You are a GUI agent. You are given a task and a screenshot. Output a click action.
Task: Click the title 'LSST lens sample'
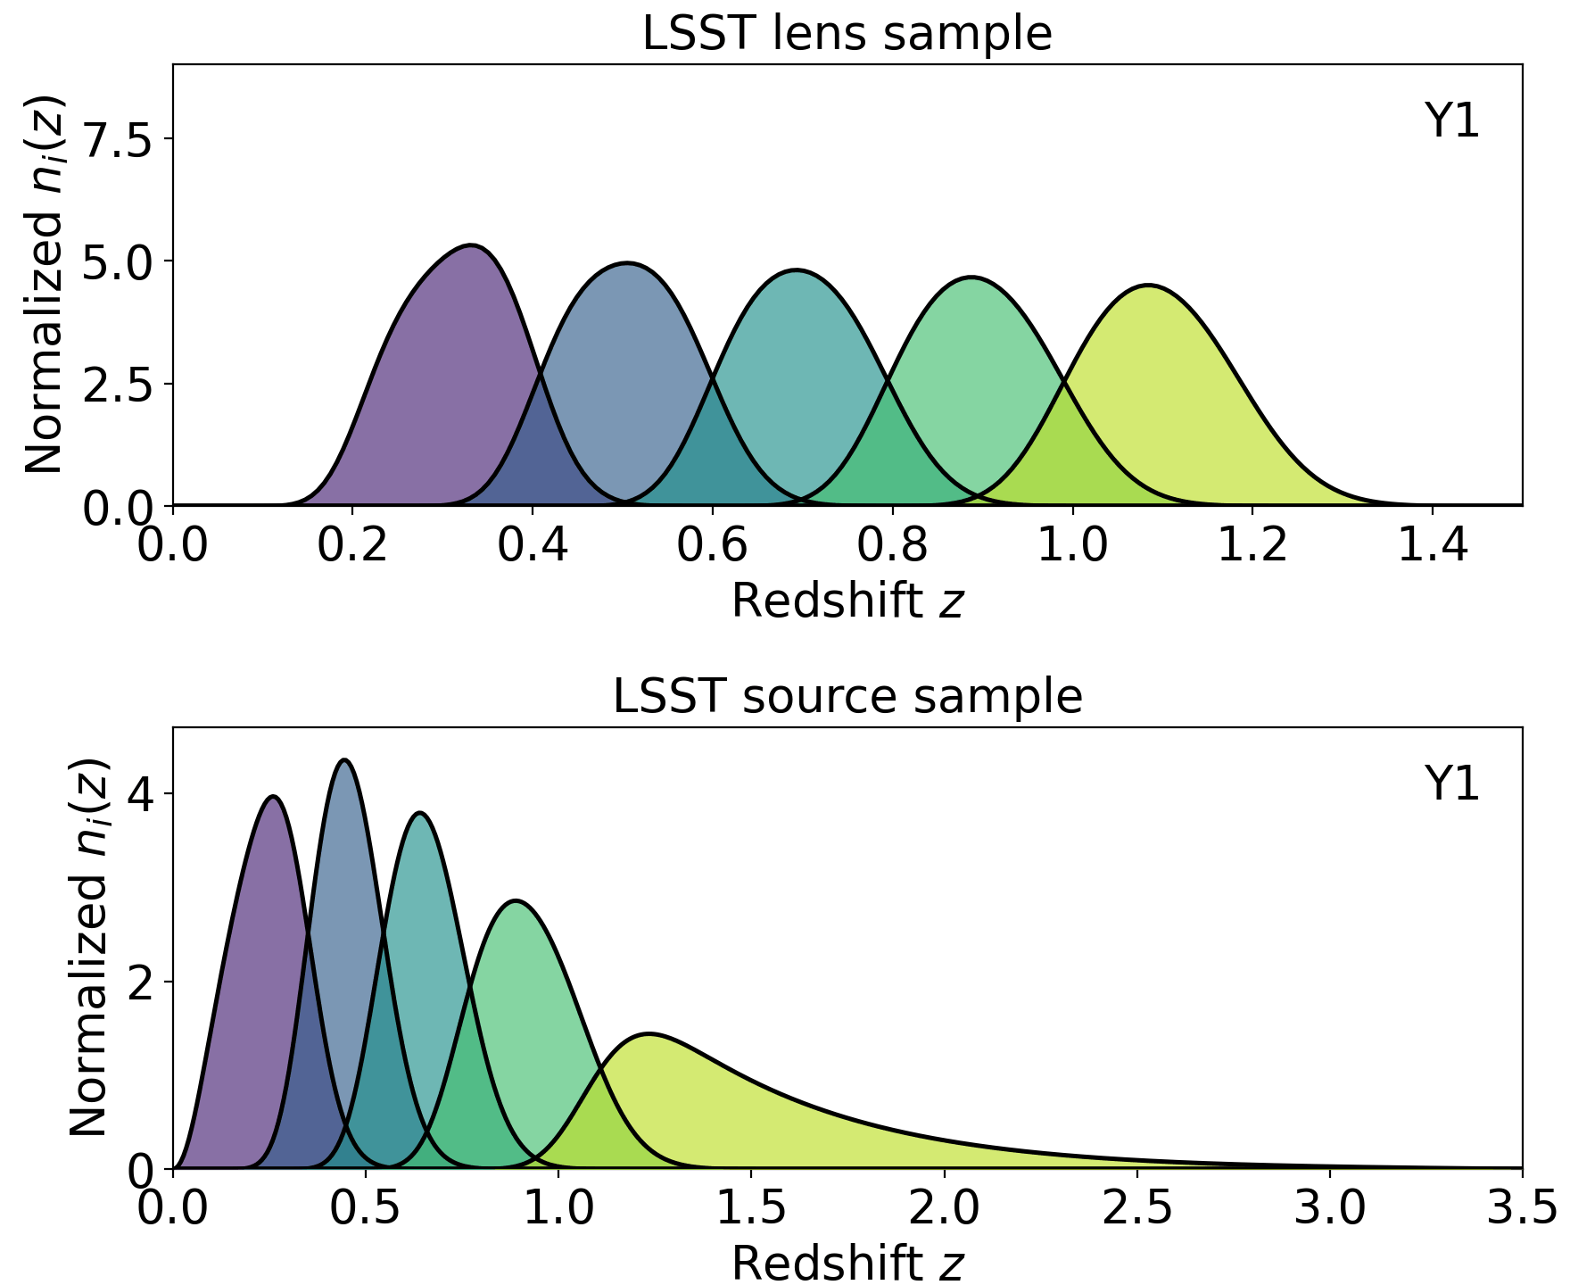[x=847, y=33]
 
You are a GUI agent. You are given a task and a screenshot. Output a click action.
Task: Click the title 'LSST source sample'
[x=847, y=696]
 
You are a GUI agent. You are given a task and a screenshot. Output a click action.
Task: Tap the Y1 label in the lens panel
[x=1451, y=121]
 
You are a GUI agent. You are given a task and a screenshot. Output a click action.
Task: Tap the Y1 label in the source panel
[x=1451, y=784]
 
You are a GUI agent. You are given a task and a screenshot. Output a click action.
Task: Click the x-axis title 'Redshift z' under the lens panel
[x=847, y=600]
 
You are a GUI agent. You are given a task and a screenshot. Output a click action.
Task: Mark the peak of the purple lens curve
[x=471, y=245]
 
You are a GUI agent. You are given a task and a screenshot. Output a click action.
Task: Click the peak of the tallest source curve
[x=344, y=760]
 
